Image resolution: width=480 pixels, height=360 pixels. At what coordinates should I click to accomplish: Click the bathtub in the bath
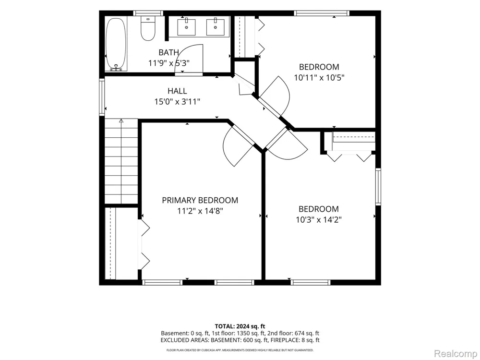point(116,44)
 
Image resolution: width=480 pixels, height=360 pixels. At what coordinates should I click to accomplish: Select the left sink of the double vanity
point(186,27)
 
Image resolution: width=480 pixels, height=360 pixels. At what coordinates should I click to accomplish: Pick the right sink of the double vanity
point(216,27)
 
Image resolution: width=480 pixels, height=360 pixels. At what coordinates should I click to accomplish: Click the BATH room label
point(168,52)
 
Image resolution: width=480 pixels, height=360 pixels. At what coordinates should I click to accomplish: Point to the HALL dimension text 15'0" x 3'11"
point(177,101)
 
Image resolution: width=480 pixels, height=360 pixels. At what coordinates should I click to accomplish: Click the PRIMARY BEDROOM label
point(200,200)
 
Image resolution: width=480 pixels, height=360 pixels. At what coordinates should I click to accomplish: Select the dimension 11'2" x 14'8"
point(200,211)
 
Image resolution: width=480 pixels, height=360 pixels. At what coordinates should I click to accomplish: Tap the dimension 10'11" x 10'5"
point(319,78)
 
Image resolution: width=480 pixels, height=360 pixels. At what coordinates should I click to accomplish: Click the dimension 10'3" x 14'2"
point(319,220)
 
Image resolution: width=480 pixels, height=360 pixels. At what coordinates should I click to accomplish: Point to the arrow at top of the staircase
point(121,121)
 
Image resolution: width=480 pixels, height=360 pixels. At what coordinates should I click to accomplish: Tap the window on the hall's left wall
point(102,97)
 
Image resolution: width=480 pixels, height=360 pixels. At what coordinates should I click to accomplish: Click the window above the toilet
point(148,13)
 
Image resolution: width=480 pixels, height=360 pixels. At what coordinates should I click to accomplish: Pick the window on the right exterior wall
point(378,187)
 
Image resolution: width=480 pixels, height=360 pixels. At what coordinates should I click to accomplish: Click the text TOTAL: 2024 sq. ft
point(240,326)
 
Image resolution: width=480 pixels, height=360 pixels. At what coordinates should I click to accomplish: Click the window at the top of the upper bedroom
point(322,13)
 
